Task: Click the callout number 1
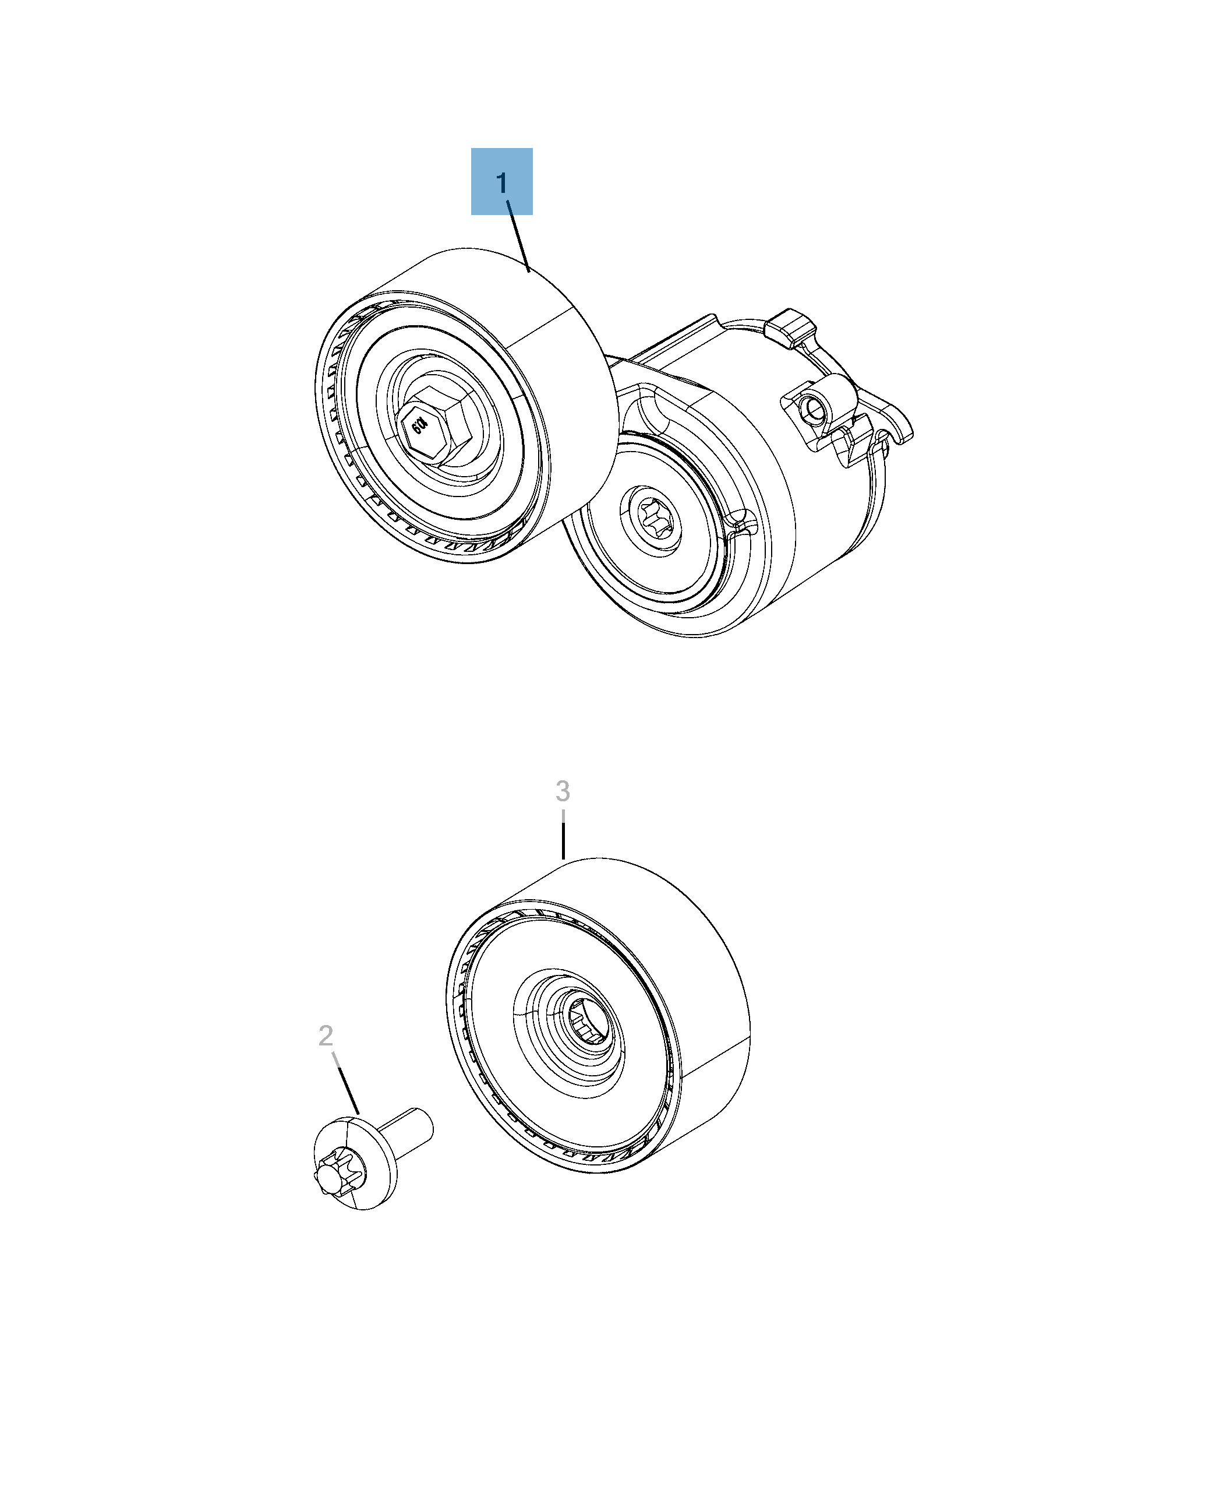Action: (x=501, y=184)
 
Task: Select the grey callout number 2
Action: (x=326, y=1036)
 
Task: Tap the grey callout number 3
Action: (x=562, y=791)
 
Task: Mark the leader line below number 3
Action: (x=563, y=839)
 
